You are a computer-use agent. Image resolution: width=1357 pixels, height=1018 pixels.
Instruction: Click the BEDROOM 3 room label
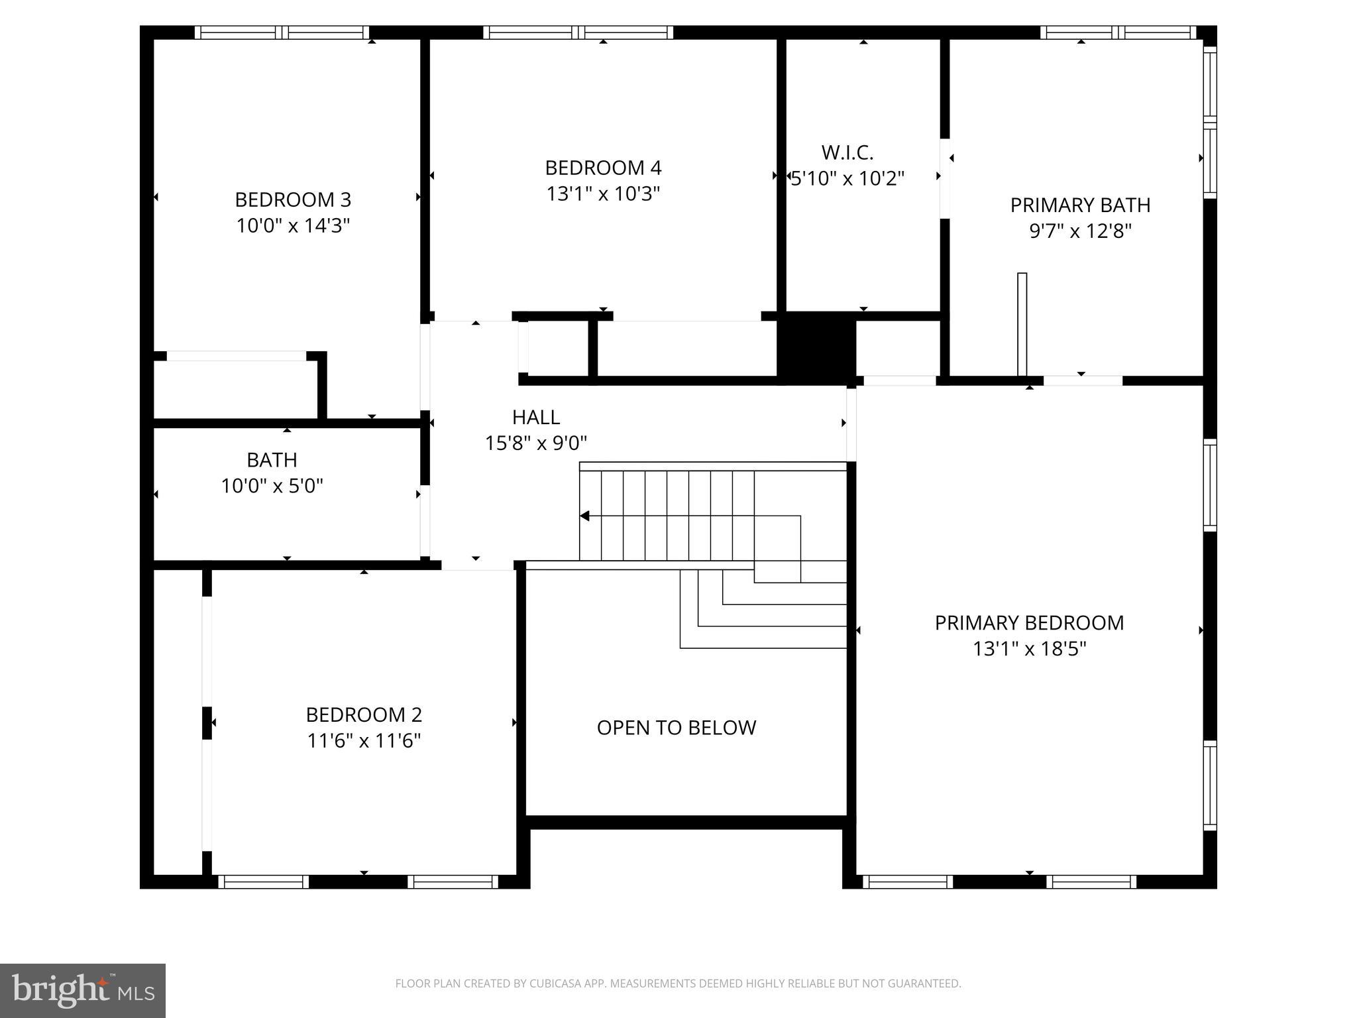pos(293,199)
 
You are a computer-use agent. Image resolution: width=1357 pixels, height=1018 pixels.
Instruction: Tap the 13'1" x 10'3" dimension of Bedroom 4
pos(603,194)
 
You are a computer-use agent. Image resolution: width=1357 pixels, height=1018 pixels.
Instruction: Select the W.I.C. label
pos(847,152)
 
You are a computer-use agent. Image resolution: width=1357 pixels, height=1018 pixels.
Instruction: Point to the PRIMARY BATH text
pos(1080,205)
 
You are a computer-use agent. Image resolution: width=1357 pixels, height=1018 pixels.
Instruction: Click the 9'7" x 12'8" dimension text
pos(1080,231)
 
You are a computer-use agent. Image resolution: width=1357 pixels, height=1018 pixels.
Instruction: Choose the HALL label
pos(536,417)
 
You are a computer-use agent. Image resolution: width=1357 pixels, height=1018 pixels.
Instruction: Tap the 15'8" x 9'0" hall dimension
pos(536,443)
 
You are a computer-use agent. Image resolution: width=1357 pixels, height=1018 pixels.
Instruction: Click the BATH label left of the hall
pos(272,460)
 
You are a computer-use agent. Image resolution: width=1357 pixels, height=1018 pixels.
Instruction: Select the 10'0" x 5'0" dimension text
pos(272,486)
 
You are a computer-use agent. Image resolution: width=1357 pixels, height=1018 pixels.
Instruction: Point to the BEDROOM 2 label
pos(364,714)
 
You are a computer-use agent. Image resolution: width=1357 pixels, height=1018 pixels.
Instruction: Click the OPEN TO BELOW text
pos(676,728)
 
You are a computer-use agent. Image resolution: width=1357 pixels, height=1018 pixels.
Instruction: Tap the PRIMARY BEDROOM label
pos(1029,623)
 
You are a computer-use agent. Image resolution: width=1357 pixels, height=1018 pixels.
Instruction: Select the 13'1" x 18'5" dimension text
pos(1029,648)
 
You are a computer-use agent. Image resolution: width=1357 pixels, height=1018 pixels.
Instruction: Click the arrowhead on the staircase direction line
pos(584,516)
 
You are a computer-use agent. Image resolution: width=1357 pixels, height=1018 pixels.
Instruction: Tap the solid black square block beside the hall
pos(816,348)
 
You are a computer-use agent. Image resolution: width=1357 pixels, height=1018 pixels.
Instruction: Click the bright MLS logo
pos(83,990)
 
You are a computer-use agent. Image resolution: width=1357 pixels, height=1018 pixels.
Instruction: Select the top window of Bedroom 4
pos(578,32)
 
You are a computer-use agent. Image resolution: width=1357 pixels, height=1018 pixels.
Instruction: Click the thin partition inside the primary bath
pos(1022,325)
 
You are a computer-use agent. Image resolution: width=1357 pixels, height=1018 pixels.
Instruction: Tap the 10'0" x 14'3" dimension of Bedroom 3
pos(293,225)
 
